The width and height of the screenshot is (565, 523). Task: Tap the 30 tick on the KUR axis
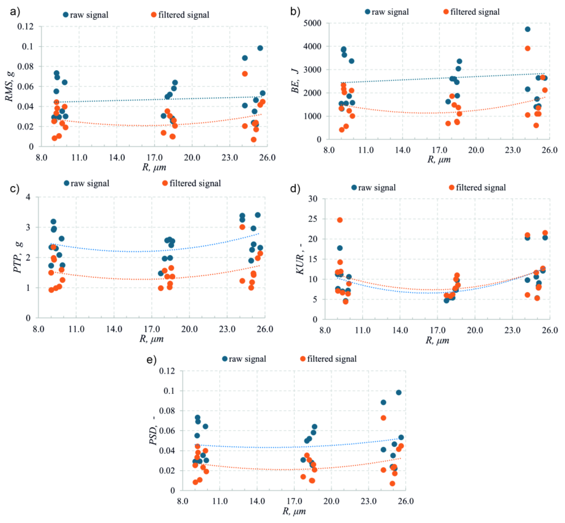click(x=313, y=199)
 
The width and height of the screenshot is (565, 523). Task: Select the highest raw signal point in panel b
click(x=527, y=29)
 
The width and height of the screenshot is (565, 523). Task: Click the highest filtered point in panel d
click(x=340, y=220)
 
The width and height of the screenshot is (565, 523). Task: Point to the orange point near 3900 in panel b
click(x=527, y=48)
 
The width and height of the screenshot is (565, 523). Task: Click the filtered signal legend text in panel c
click(x=195, y=183)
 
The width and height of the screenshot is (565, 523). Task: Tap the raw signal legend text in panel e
click(x=248, y=359)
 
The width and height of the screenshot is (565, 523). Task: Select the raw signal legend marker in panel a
click(x=66, y=15)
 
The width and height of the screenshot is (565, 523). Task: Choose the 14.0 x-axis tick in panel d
click(x=400, y=330)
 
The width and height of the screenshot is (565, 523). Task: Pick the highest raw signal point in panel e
click(x=399, y=392)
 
